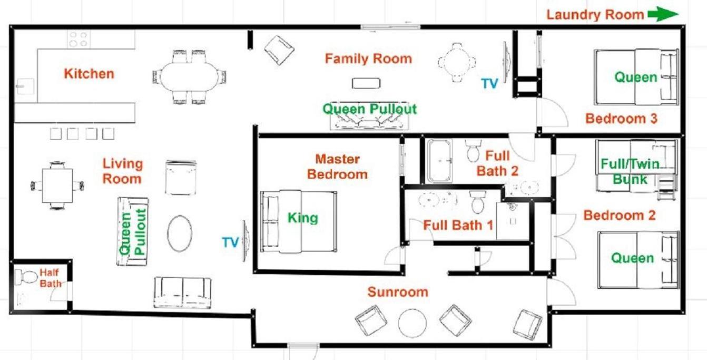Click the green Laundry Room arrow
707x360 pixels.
point(663,14)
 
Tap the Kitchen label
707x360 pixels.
point(89,74)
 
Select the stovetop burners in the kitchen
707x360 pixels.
point(78,39)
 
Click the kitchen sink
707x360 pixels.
point(24,86)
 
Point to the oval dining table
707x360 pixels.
point(189,77)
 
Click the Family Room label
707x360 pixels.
point(368,59)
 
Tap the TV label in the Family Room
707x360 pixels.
point(489,83)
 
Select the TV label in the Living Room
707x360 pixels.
point(230,242)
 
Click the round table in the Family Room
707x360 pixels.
point(457,62)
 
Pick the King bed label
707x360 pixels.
point(303,218)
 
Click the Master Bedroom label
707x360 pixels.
point(337,167)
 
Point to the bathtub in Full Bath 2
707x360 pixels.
point(440,161)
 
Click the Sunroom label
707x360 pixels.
point(398,292)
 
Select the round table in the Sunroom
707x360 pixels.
point(413,324)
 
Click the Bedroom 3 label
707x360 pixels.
point(621,119)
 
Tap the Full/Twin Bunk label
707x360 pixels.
point(630,171)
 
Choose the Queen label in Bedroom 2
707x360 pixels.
point(633,258)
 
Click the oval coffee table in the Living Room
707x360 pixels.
point(180,233)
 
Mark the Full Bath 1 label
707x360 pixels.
point(458,225)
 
